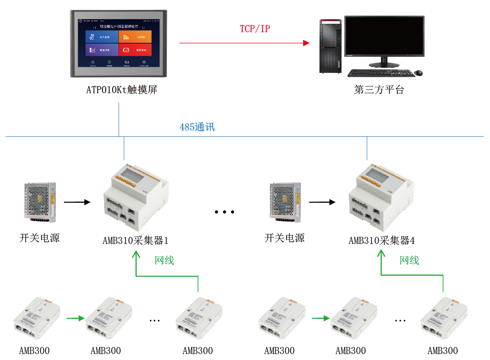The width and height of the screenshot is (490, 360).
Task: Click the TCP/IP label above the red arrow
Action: point(255,29)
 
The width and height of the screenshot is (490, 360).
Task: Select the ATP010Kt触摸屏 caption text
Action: point(122,90)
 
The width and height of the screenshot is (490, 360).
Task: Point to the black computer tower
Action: point(330,46)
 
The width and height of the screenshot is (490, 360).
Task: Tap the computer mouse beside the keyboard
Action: point(418,73)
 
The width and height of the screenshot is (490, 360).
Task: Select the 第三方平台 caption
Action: point(379,90)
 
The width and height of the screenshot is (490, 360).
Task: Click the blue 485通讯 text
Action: point(197,127)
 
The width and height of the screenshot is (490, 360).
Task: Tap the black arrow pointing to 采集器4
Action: point(322,202)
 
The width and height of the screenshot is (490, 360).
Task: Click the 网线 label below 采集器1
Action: point(164,260)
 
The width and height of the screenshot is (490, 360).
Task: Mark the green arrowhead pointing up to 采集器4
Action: point(382,253)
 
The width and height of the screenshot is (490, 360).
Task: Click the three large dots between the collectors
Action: point(224,212)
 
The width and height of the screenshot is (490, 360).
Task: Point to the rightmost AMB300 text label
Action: point(443,351)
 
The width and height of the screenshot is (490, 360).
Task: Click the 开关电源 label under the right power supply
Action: point(284,238)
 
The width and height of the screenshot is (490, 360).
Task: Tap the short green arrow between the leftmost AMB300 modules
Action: point(75,317)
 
